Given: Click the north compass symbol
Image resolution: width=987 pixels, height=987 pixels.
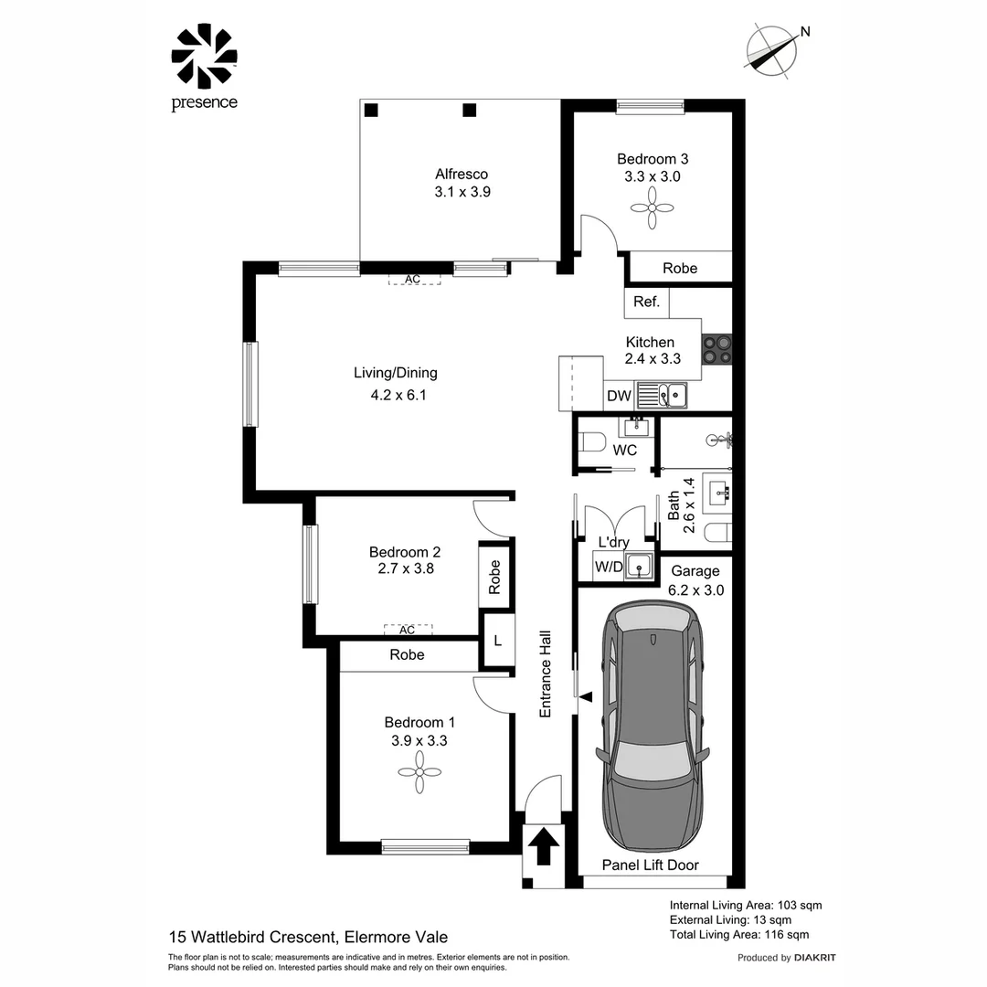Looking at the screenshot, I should coord(773,50).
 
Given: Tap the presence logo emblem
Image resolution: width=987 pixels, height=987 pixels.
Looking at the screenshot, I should coord(204,57).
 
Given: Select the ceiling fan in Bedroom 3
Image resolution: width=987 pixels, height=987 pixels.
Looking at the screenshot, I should coord(653,209).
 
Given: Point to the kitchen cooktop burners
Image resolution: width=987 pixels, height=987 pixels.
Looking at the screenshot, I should coord(716,348).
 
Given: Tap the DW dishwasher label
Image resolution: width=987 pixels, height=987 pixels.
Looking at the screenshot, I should coord(620,396).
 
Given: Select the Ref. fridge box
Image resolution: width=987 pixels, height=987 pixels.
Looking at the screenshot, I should coord(646,302).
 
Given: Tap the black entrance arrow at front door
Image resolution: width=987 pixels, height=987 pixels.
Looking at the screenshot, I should coord(543,847).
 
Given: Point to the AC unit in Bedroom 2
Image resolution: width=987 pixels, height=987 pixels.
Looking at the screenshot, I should coord(408,630).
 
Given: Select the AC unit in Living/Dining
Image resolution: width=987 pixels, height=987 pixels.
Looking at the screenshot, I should coord(413,279).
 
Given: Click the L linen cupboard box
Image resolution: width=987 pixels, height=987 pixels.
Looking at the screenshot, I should coord(497,641).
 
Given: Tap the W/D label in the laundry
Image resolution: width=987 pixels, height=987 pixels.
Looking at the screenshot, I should coord(608,567).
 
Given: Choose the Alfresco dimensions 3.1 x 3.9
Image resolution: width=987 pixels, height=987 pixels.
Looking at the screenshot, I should coord(462,192).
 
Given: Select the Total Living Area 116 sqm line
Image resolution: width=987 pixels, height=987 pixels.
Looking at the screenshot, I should coord(738,934).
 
